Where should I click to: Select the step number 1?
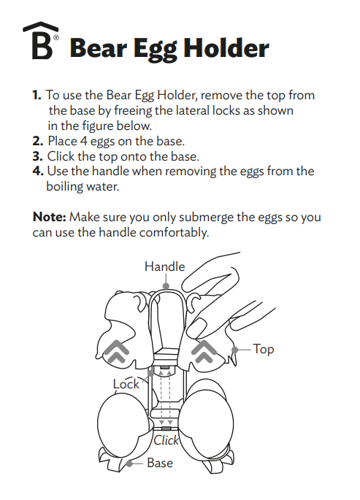pos(37,96)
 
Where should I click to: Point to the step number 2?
pos(37,141)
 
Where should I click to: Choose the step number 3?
pos(37,156)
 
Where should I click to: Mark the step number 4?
pos(37,172)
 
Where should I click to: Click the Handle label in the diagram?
pos(164,266)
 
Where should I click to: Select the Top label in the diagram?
pos(263,350)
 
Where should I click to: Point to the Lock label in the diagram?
pos(126,384)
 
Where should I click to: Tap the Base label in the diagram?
pos(160,463)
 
